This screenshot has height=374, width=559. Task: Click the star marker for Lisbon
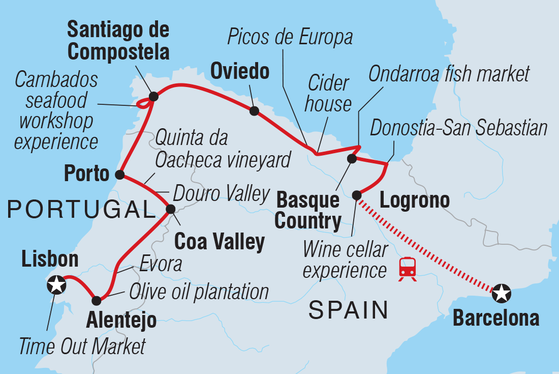(56, 285)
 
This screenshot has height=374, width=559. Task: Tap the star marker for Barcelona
(502, 293)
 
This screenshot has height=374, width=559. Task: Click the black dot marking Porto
(120, 175)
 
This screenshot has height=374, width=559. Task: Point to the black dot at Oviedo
(254, 110)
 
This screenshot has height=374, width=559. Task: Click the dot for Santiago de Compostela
(153, 95)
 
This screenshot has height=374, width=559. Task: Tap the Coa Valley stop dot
(171, 209)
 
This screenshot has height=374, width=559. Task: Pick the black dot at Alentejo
(96, 300)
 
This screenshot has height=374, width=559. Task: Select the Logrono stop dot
(357, 194)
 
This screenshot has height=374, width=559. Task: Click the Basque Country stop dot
(351, 159)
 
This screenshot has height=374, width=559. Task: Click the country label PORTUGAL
(78, 209)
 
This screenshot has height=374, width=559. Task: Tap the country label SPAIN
(348, 310)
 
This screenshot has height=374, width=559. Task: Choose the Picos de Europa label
(290, 37)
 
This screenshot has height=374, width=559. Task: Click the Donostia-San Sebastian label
(458, 128)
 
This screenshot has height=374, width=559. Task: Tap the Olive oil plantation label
(199, 292)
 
